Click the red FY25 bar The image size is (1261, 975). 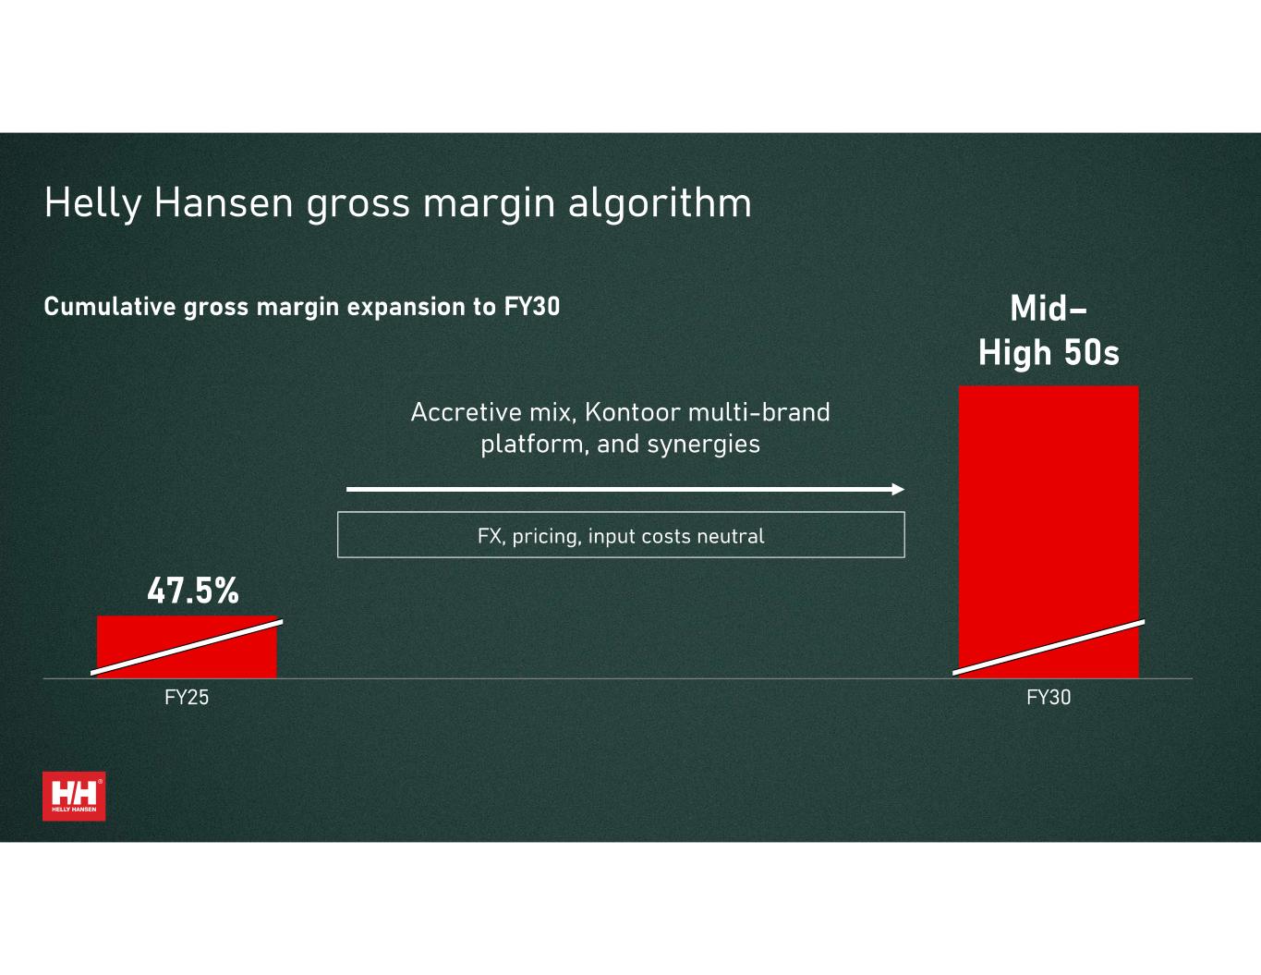click(187, 647)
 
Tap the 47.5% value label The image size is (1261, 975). click(193, 591)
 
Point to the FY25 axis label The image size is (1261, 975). click(187, 697)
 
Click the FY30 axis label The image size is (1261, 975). click(1049, 697)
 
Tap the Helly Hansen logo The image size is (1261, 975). click(74, 797)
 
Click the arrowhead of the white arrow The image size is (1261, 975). click(898, 489)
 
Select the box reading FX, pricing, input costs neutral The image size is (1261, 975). click(621, 534)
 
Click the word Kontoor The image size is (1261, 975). click(633, 412)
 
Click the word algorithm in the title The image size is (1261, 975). click(660, 203)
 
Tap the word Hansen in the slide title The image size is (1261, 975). click(224, 203)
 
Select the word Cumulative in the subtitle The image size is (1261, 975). click(110, 307)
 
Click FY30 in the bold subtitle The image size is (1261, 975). click(531, 307)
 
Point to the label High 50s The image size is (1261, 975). click(1049, 353)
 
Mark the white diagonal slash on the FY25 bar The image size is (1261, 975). click(187, 648)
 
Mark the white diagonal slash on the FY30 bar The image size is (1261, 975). click(1049, 648)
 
